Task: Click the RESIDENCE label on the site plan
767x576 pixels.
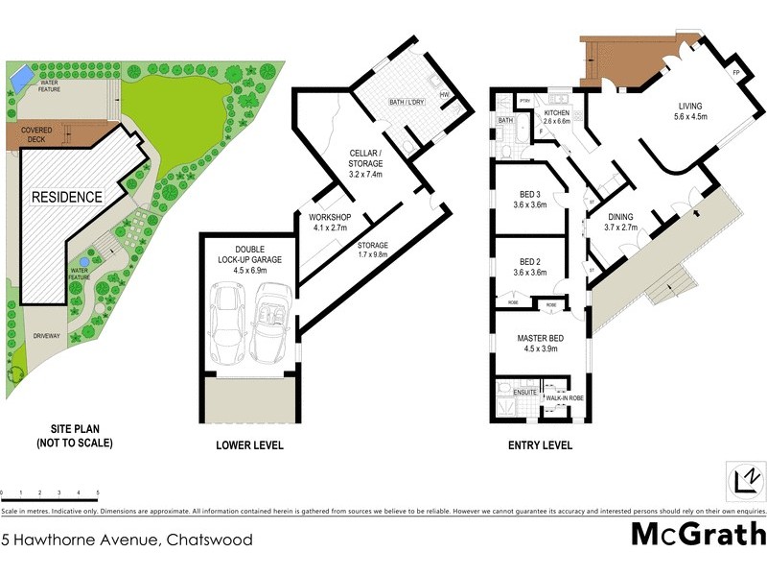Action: [67, 197]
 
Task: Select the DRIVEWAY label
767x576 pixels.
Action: [50, 336]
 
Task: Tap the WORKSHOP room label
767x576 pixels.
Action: [330, 223]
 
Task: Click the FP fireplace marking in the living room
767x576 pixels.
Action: [736, 73]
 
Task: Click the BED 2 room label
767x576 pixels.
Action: [530, 267]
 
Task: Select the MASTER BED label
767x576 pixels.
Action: [539, 344]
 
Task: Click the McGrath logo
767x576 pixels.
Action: [697, 535]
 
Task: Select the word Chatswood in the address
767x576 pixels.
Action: [210, 540]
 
